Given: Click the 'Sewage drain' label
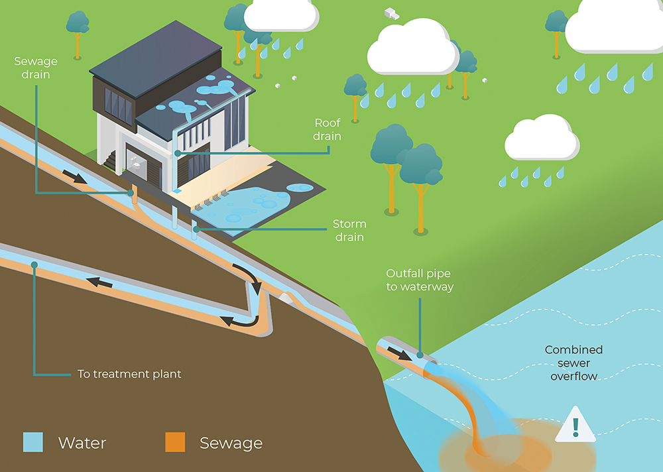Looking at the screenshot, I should (x=36, y=67).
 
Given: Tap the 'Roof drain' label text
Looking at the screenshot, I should (x=328, y=129).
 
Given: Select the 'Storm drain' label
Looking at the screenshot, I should (x=349, y=231).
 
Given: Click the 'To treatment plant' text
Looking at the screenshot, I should (x=129, y=374).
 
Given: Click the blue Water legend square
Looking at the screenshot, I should (x=32, y=442).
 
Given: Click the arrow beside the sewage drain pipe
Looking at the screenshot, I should (x=75, y=176).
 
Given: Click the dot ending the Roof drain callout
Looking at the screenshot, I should (x=178, y=153).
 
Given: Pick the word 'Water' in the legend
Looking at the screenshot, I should (x=82, y=442).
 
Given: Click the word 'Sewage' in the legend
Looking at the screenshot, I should (x=231, y=442).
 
